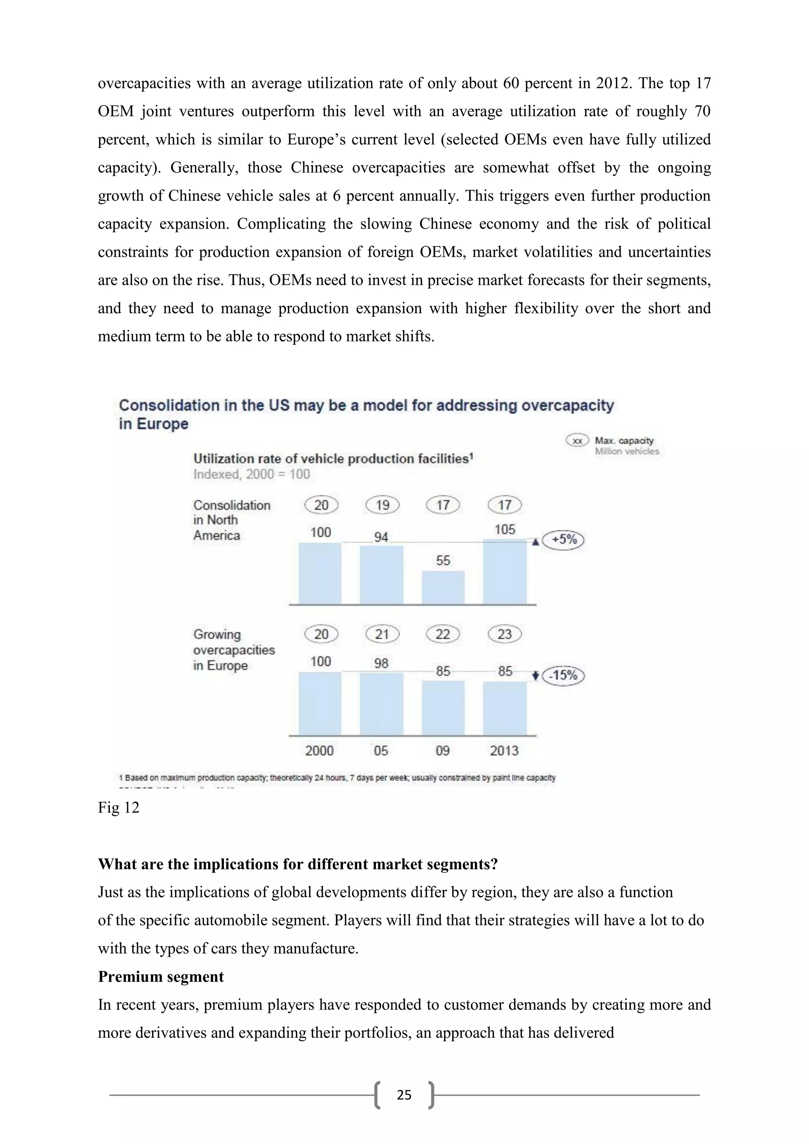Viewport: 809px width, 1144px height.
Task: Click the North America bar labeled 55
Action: (443, 587)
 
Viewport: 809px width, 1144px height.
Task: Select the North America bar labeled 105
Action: (504, 572)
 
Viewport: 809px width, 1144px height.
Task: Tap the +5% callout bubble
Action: (563, 540)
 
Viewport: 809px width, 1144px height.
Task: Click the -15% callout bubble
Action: (563, 675)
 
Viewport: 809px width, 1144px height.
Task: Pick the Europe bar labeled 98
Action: (381, 704)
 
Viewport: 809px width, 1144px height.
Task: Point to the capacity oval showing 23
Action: (504, 634)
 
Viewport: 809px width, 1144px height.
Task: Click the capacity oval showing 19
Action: (382, 505)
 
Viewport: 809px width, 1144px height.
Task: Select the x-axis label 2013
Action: (504, 751)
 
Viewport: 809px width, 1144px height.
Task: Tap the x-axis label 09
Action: (442, 751)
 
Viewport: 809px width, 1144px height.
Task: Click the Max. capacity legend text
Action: (624, 440)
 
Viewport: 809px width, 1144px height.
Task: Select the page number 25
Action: (404, 1095)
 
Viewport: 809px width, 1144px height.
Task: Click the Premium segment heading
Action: (161, 977)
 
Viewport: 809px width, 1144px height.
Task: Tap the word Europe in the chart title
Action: (162, 424)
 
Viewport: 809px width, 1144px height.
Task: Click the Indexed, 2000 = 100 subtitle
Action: (252, 474)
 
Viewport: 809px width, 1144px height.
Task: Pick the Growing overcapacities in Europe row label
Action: (233, 650)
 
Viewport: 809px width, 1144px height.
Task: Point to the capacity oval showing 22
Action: (443, 634)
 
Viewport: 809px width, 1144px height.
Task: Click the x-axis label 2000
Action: (319, 751)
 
